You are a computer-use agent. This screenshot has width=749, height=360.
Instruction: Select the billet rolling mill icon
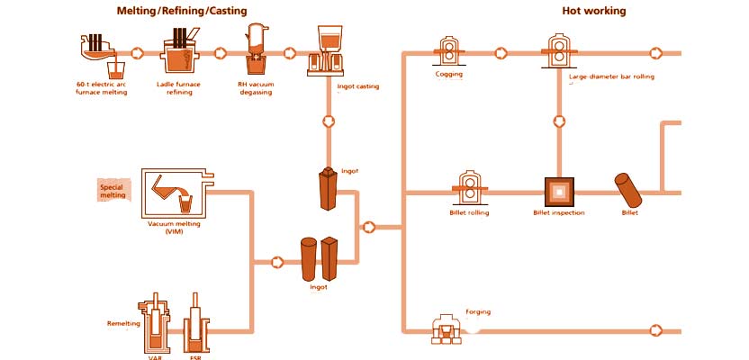[x=468, y=188]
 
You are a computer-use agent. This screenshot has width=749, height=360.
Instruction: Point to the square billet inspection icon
[x=559, y=192]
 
